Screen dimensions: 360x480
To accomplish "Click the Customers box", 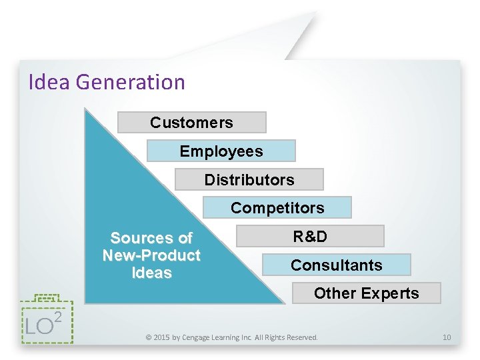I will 191,123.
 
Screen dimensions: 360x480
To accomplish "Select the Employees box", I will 221,151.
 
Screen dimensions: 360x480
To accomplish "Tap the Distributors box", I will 249,180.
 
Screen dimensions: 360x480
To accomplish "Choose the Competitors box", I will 277,208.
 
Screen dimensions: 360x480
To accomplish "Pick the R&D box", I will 310,237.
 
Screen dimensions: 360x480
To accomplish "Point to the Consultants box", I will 336,265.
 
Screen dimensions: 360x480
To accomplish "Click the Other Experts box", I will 366,293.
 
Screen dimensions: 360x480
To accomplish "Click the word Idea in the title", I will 50,82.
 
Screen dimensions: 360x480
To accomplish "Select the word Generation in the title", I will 130,82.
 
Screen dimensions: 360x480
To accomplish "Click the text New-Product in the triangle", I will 151,255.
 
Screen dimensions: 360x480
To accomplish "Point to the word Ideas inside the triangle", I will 152,273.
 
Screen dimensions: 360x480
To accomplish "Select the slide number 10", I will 447,337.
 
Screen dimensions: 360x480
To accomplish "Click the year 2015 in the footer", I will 162,337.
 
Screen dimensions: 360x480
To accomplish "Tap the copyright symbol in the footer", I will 149,337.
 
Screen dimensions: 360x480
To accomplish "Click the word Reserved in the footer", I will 301,337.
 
